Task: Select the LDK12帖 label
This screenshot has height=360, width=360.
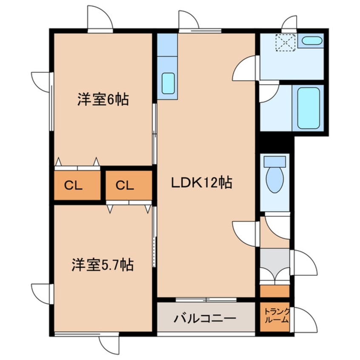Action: [201, 183]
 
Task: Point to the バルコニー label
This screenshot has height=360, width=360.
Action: [205, 318]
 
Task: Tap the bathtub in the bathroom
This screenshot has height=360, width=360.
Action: [308, 108]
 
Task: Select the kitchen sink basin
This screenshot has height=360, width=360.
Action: [169, 83]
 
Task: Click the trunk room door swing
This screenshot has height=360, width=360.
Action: [305, 319]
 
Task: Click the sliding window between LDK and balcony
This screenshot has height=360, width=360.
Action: [206, 300]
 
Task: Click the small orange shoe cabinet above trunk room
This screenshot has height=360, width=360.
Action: [274, 291]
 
